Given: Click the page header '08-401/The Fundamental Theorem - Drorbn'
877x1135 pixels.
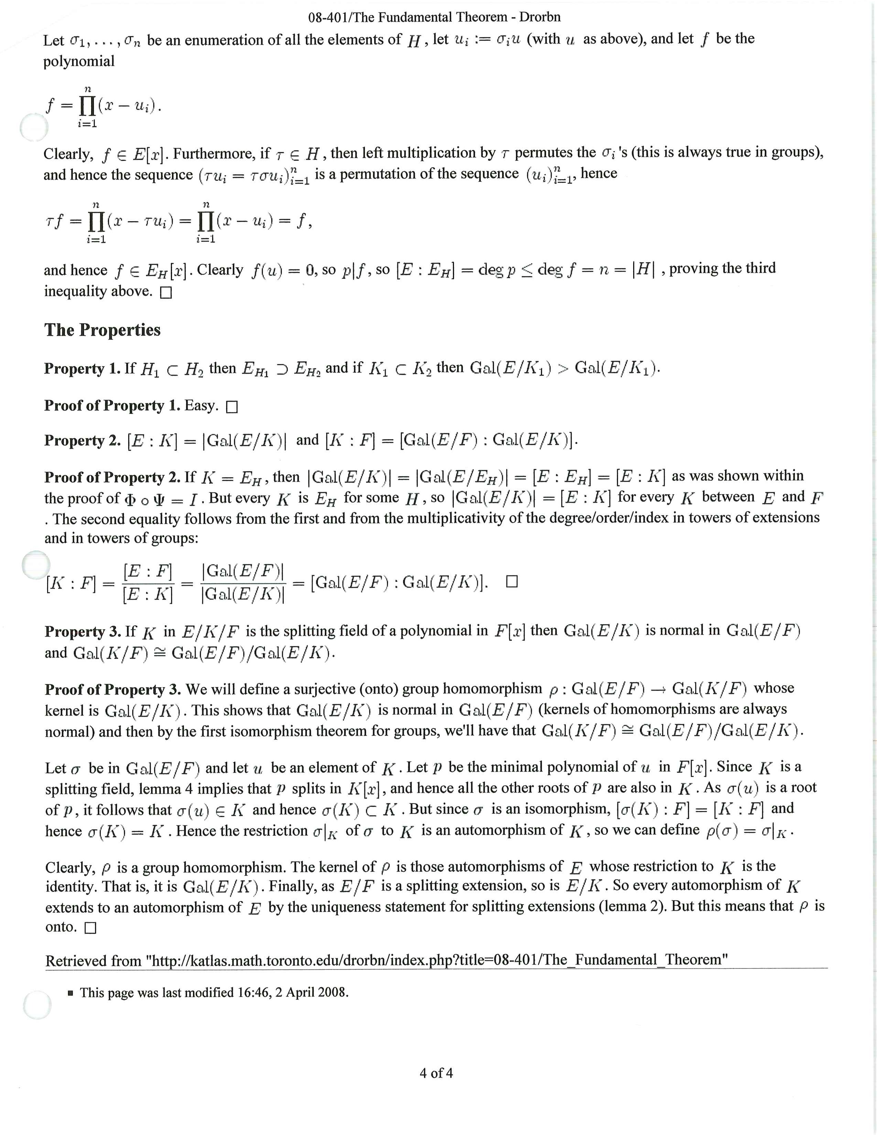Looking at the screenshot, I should (x=434, y=17).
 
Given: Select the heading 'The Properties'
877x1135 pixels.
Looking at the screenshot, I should (x=102, y=330).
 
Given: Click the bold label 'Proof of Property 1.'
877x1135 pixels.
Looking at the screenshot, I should (x=112, y=406).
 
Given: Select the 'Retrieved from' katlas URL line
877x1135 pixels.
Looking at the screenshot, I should (x=386, y=960).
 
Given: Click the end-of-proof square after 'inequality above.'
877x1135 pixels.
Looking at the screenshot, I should (x=166, y=293).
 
